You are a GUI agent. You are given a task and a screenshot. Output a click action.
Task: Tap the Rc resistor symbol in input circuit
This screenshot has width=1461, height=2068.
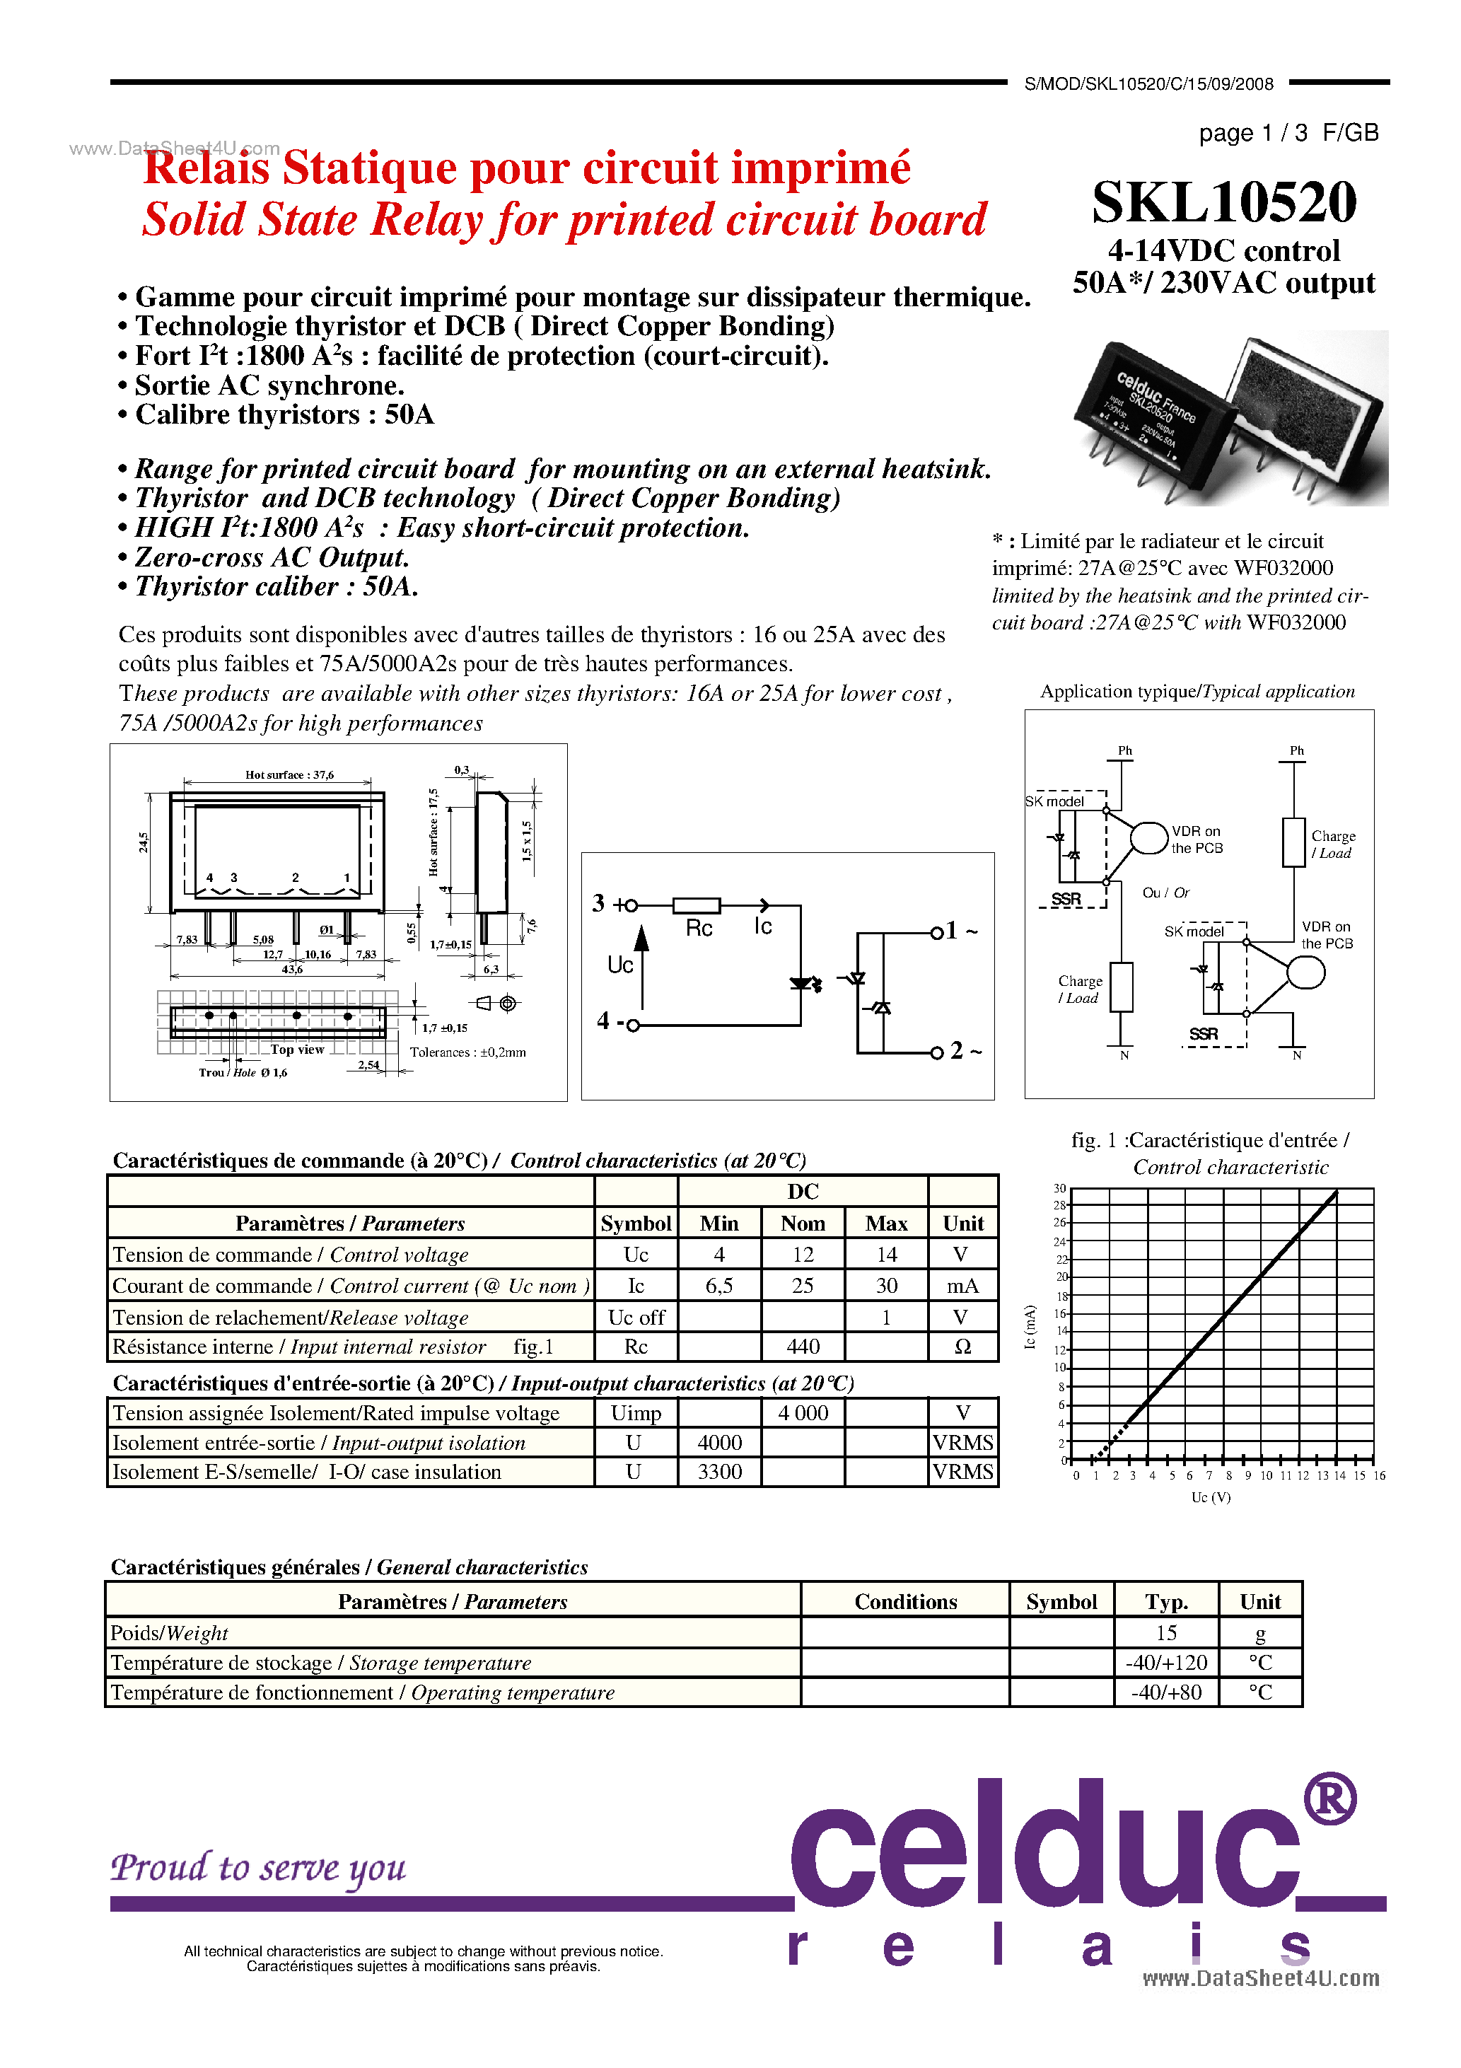(x=697, y=905)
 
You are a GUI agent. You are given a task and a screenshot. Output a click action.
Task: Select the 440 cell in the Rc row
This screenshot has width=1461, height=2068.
(x=803, y=1347)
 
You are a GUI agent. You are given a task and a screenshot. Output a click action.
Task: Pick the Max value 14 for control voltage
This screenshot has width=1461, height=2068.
(x=886, y=1255)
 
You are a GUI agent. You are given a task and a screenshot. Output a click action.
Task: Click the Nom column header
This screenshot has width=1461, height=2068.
(x=803, y=1223)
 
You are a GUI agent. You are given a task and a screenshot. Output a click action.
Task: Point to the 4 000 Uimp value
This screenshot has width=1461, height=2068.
(x=803, y=1413)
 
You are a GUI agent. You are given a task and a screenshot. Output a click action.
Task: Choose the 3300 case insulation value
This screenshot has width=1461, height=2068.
(x=720, y=1472)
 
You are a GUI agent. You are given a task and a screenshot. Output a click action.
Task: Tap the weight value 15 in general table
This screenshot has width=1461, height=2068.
(x=1166, y=1633)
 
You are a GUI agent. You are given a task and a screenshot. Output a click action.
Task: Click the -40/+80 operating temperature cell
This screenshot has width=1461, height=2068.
(x=1166, y=1692)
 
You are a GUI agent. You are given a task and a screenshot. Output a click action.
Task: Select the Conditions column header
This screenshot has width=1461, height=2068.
(x=905, y=1601)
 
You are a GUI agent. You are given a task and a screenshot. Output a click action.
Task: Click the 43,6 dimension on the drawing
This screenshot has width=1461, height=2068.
(x=292, y=969)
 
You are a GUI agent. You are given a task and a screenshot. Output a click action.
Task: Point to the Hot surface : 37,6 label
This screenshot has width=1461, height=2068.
(x=289, y=774)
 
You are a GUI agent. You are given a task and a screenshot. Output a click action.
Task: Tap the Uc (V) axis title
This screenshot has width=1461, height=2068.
(x=1211, y=1497)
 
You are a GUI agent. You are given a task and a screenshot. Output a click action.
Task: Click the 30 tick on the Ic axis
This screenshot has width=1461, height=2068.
(x=1060, y=1188)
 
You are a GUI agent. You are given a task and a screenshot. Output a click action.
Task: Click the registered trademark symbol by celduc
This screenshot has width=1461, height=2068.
(x=1330, y=1799)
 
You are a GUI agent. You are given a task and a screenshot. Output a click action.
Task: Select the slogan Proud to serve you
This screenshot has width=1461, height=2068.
(x=259, y=1867)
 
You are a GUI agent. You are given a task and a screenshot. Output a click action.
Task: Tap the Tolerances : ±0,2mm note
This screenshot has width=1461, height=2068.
(x=467, y=1052)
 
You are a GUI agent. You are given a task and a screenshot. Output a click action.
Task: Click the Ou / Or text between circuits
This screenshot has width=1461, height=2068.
(x=1165, y=893)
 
